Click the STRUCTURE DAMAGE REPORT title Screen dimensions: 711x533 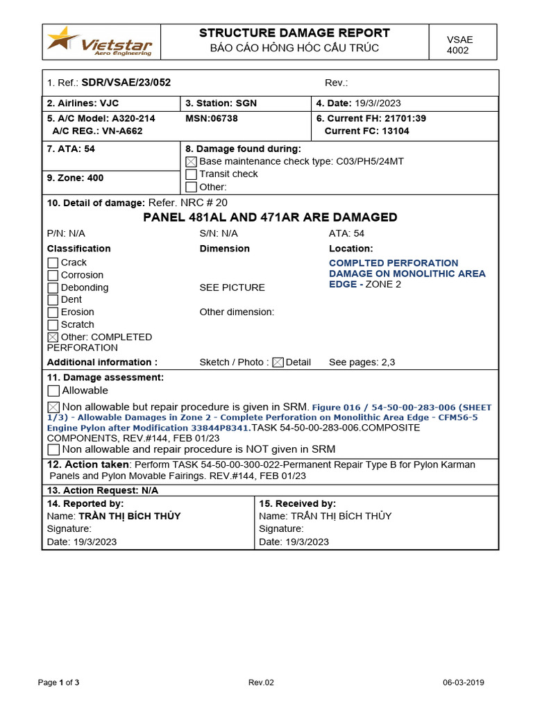[x=294, y=33]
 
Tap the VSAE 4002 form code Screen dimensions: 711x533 [x=459, y=45]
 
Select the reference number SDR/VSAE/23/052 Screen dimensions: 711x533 [x=126, y=83]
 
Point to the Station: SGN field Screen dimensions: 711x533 [x=221, y=103]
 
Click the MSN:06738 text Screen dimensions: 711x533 [x=212, y=118]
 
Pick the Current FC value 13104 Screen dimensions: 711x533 [x=396, y=131]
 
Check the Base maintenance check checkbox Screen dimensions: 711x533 [x=192, y=162]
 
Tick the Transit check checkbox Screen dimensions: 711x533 [x=192, y=174]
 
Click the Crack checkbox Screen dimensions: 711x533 [x=53, y=263]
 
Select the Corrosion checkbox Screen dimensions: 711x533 [x=53, y=276]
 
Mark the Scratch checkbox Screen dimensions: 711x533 [x=53, y=325]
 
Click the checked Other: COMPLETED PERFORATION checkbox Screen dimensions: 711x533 [x=53, y=337]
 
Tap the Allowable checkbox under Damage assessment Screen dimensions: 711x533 [x=53, y=391]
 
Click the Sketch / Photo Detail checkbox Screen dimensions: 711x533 [x=278, y=362]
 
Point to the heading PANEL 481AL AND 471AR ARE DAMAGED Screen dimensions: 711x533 [x=270, y=217]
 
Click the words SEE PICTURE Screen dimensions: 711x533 [x=232, y=287]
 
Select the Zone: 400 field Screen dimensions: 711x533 [x=76, y=178]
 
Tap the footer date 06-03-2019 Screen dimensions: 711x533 [x=464, y=683]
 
